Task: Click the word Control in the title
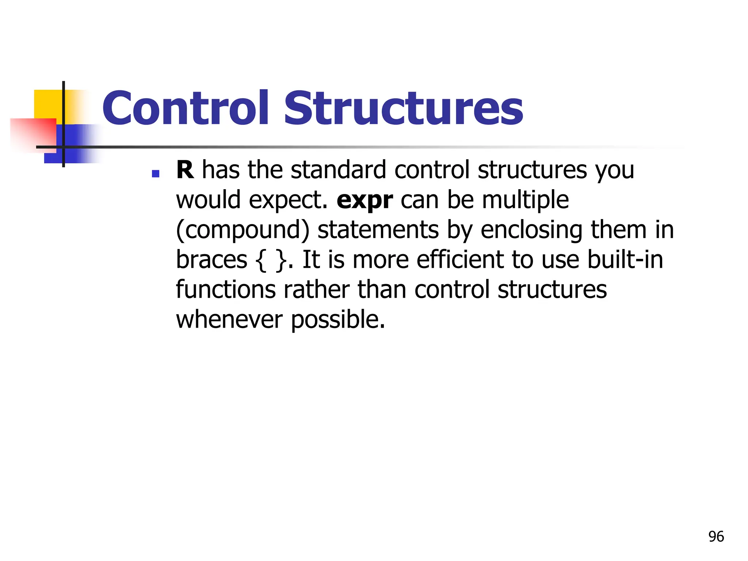point(186,108)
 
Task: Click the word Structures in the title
point(403,108)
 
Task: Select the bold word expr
point(365,200)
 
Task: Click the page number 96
point(716,537)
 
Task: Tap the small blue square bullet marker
point(156,174)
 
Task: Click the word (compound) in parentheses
point(243,230)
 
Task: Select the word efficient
point(460,260)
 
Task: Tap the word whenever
point(229,320)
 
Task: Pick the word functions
point(225,290)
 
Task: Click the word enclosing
point(531,230)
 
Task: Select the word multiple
point(525,200)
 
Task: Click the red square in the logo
point(33,133)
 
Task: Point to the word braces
point(211,260)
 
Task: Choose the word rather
point(316,290)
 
